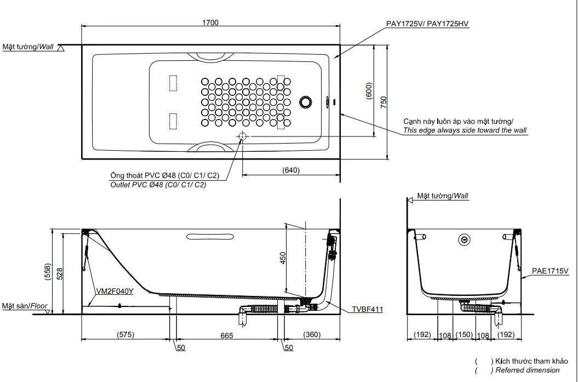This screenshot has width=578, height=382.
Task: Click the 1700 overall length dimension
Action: tap(210, 22)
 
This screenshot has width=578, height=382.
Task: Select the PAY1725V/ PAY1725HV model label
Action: tap(427, 24)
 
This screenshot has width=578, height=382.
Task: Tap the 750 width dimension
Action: tap(384, 102)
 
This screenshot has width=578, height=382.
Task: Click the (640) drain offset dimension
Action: tap(291, 170)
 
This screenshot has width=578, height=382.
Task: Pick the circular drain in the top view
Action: tap(306, 102)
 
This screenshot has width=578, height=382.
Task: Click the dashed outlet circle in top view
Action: tap(242, 136)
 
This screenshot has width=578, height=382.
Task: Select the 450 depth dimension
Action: tap(283, 258)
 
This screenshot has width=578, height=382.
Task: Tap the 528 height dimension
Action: tap(60, 273)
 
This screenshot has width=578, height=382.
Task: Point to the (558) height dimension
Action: tap(47, 272)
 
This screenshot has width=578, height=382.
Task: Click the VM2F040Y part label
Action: tap(115, 291)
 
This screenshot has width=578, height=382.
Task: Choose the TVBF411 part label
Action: tap(367, 310)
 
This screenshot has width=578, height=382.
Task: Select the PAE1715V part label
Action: tap(550, 271)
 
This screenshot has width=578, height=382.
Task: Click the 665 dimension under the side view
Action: tap(227, 335)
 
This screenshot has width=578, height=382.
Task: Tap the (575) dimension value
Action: tap(125, 335)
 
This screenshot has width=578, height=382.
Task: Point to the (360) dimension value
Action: tap(312, 335)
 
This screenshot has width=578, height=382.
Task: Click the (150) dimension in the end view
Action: tap(464, 335)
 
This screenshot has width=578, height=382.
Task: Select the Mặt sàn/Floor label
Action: tap(25, 306)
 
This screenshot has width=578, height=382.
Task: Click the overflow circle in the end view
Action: tap(465, 240)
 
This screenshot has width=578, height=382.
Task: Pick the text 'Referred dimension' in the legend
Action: tap(528, 370)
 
